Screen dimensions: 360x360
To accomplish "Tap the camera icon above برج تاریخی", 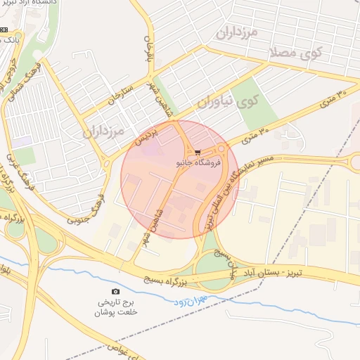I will tap(115, 291).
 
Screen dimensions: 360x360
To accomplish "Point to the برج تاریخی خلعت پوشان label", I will tap(117, 307).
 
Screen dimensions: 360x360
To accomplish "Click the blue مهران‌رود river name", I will tap(185, 301).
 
